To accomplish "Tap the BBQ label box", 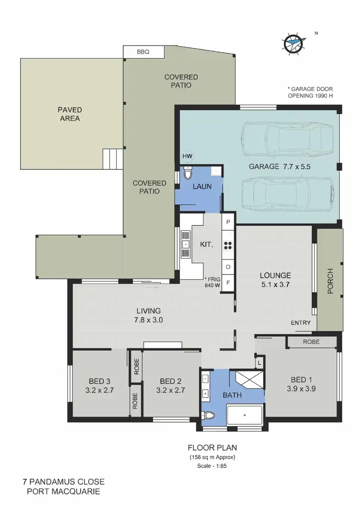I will point(144,52).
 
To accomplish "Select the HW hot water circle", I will point(187,156).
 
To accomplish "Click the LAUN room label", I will point(202,187).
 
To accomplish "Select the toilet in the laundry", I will point(188,174).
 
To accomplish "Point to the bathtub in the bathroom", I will point(244,414).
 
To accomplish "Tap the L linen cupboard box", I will point(259,362).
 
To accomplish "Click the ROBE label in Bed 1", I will point(312,342).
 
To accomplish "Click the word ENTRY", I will point(300,323).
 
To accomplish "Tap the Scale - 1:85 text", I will point(211,465).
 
